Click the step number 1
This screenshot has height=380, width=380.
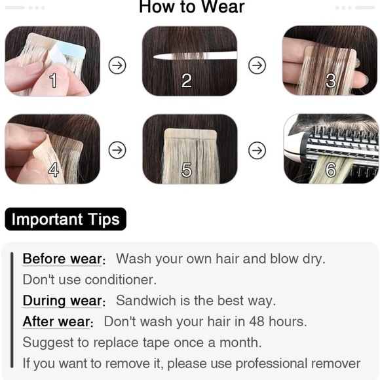tap(53, 80)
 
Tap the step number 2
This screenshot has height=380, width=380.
tap(186, 81)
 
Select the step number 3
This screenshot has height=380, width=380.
tap(331, 81)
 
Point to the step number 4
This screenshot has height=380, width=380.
tap(53, 170)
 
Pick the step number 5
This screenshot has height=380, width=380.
tap(186, 170)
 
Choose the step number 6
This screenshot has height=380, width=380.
tap(331, 170)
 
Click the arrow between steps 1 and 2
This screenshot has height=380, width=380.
tap(117, 66)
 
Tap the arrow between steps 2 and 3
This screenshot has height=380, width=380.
tap(257, 66)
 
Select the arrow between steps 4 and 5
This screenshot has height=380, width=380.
tap(117, 150)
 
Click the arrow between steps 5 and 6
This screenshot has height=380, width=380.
tap(257, 150)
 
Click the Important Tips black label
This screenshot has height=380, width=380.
tap(66, 219)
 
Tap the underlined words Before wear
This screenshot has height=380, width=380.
tap(62, 259)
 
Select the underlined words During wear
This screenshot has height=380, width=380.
tap(62, 301)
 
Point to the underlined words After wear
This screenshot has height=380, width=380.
tap(56, 322)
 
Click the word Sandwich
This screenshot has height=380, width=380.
tap(146, 301)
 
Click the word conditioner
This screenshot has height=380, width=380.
tap(121, 280)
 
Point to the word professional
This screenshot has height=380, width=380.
tap(271, 364)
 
